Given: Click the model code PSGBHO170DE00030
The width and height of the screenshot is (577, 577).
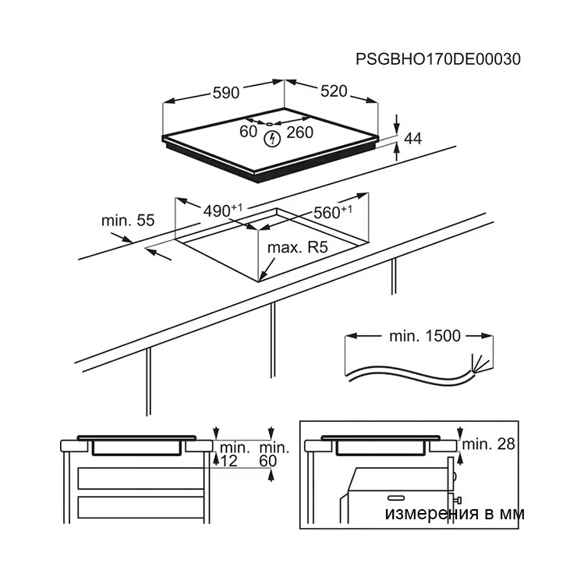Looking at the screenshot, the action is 438,59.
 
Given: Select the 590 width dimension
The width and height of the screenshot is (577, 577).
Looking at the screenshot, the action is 226,93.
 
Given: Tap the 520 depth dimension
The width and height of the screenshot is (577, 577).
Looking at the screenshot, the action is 334,91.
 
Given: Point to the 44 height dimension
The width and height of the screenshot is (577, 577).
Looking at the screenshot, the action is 413,138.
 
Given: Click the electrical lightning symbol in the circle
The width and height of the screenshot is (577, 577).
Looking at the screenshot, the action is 273,139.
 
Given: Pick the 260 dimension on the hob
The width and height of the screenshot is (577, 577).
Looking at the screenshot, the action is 300,133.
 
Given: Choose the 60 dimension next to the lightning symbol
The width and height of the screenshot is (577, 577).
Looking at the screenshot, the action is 249,131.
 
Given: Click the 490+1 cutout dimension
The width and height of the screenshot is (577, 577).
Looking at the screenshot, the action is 223,211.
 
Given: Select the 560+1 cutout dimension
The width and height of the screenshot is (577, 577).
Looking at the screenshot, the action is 333,212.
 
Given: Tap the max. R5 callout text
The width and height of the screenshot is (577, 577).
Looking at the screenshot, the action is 297,247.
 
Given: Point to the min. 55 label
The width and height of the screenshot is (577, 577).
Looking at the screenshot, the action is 128,221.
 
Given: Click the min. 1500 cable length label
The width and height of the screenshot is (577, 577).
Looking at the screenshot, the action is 425,336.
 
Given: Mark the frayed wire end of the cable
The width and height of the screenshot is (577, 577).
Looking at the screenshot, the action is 480,364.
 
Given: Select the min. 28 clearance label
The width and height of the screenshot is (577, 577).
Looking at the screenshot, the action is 488,444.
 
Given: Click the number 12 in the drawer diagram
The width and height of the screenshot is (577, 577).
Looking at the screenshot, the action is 229,461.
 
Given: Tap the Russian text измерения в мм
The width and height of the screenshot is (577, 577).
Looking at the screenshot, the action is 455,514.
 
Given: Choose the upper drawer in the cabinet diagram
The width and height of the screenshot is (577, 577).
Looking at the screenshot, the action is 141,479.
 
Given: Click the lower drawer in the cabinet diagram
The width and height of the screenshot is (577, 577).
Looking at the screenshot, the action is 141,508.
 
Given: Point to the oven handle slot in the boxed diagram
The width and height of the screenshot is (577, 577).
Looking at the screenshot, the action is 396,498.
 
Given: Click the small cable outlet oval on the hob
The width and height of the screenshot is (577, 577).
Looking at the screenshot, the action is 269,124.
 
